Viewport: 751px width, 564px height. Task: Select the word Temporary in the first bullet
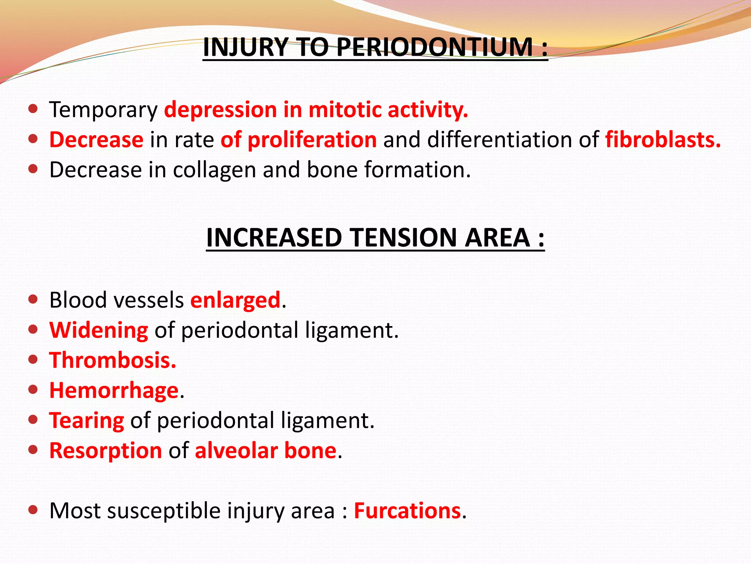(x=103, y=110)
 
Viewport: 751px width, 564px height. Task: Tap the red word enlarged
(x=235, y=300)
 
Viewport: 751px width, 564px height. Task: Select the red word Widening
(x=99, y=330)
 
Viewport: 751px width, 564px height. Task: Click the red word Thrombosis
(x=113, y=360)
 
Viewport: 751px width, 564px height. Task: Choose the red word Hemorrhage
(x=114, y=390)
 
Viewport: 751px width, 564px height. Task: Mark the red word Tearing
(x=87, y=420)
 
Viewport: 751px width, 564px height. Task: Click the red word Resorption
(x=106, y=451)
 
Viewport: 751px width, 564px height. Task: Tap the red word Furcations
(x=407, y=511)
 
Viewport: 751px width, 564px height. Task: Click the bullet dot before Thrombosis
(x=33, y=359)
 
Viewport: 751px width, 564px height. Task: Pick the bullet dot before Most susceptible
(x=33, y=510)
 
